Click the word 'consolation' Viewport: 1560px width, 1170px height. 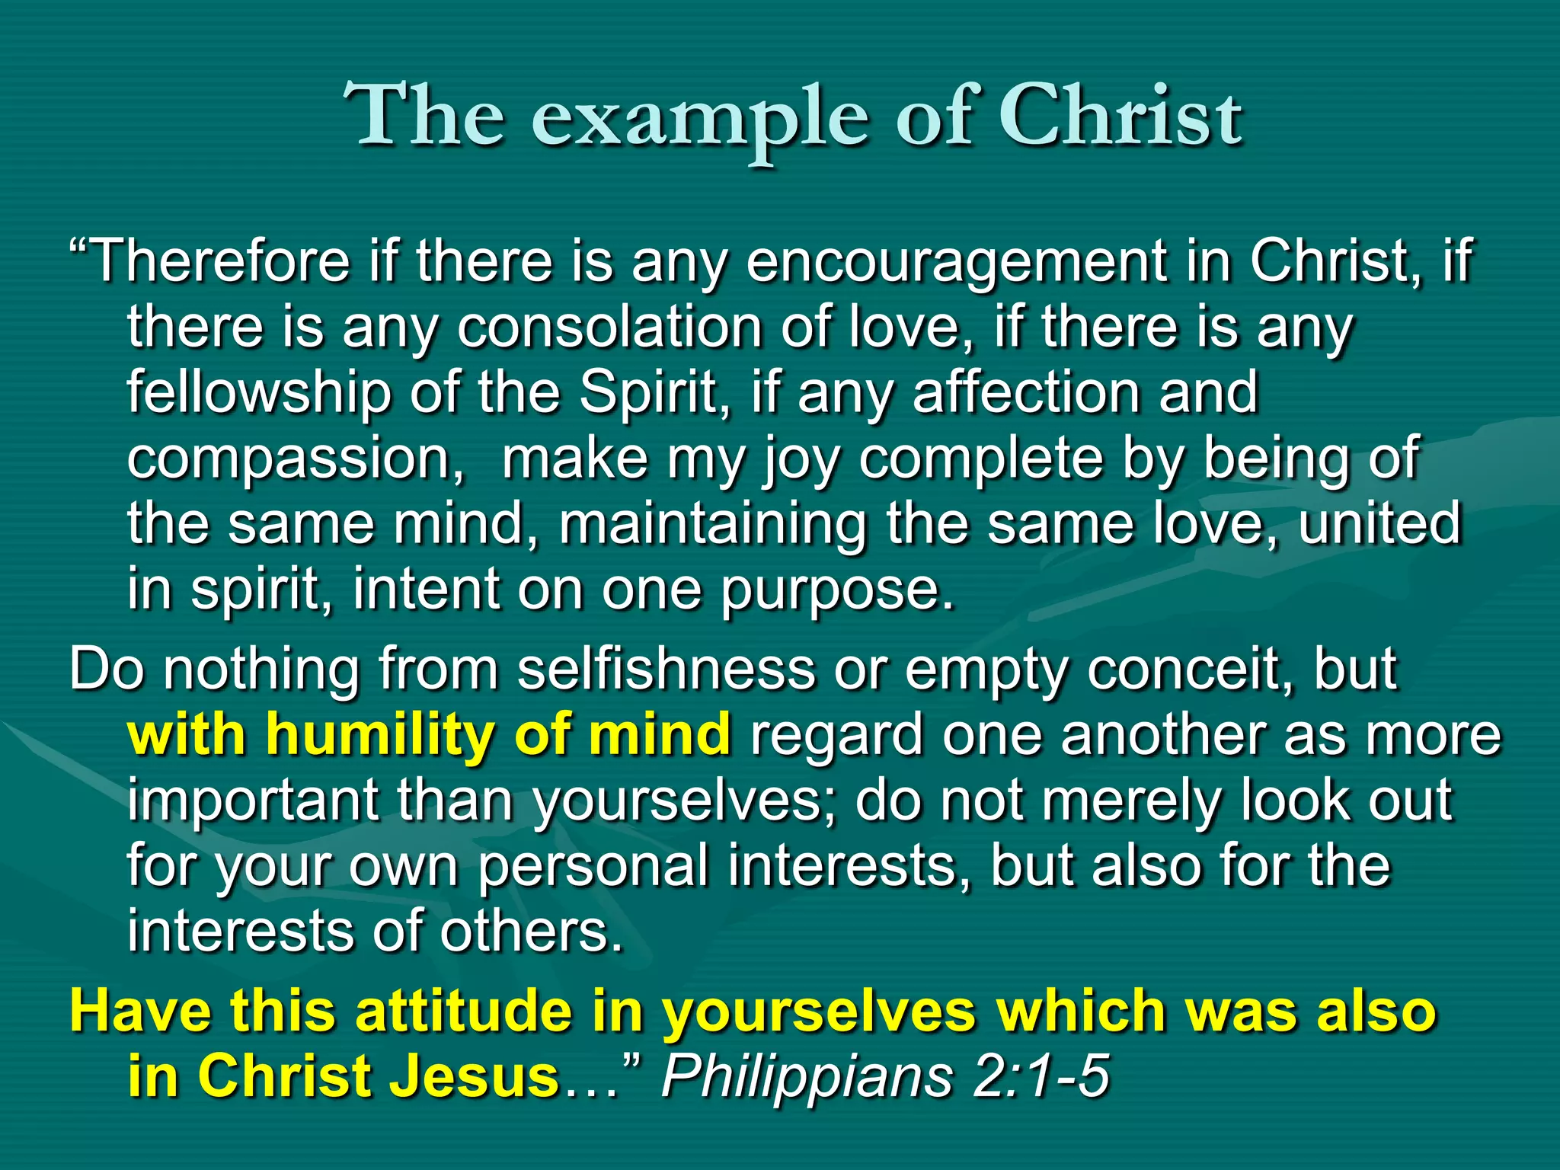point(609,328)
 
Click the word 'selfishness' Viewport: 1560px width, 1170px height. point(666,670)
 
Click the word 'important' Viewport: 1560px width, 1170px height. point(252,801)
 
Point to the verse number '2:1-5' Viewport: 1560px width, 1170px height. point(1041,1076)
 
